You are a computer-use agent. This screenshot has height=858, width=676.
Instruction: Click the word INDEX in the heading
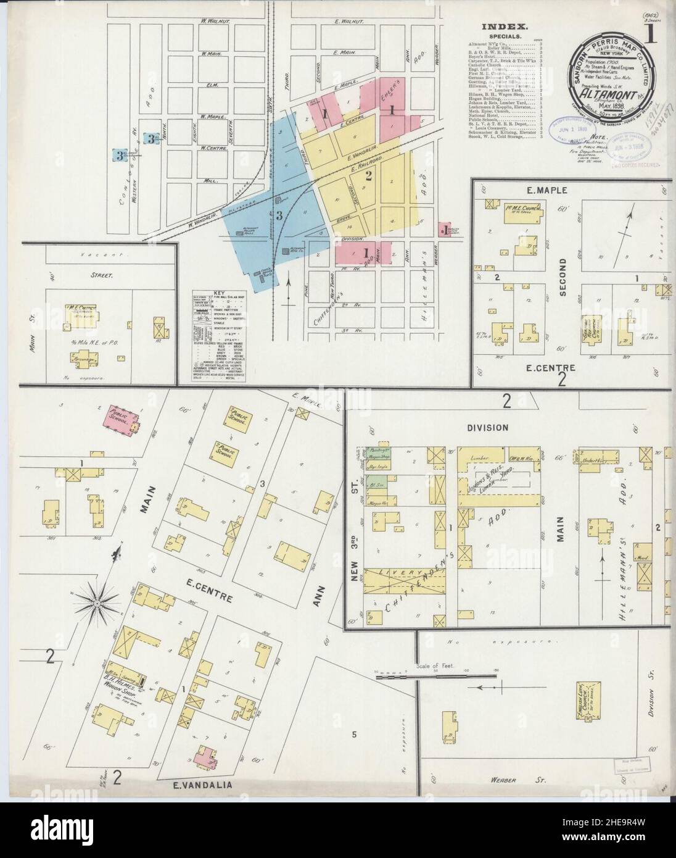pyautogui.click(x=505, y=27)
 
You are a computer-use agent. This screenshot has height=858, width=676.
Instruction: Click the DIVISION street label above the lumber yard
pyautogui.click(x=487, y=427)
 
